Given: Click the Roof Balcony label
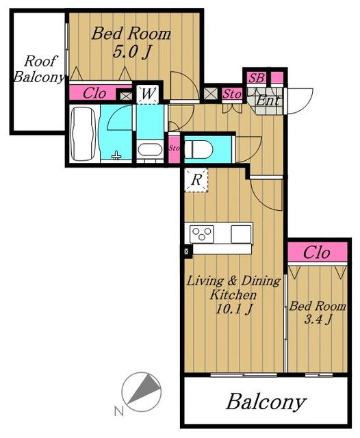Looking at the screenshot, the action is tap(38, 69).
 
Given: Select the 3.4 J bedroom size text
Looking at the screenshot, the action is tap(318, 318).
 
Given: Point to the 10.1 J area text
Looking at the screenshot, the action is tap(234, 309).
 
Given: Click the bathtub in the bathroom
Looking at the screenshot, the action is tap(83, 133).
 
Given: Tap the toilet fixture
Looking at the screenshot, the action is tap(199, 149).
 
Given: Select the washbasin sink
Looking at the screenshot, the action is tap(150, 151).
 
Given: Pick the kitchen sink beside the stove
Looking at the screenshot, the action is tap(241, 234).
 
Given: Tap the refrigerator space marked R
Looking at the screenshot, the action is tap(196, 180).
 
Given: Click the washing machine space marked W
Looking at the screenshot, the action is tap(147, 94).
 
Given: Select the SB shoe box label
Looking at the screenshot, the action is tap(257, 78).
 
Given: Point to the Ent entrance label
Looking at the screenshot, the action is tap(268, 101).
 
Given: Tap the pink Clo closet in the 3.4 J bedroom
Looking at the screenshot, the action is tap(318, 253).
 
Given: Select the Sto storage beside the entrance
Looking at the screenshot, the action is tap(232, 94).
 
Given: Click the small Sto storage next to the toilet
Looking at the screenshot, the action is tap(174, 149).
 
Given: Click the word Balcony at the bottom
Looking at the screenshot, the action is tap(266, 402).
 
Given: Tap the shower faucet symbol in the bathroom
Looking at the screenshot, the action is tap(116, 155).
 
